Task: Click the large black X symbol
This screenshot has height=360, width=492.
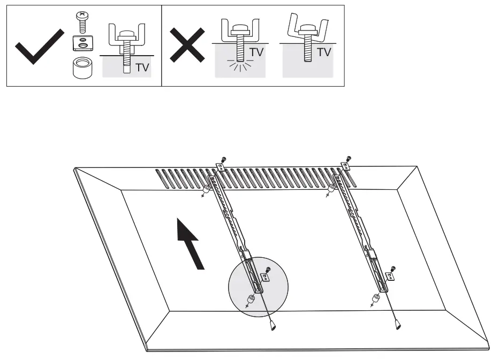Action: (x=187, y=45)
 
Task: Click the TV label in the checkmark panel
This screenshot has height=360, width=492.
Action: (x=142, y=68)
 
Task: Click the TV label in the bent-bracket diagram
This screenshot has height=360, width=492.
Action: (x=323, y=52)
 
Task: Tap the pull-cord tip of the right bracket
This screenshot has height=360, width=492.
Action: (x=397, y=324)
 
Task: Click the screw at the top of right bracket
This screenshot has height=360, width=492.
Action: (x=348, y=158)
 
